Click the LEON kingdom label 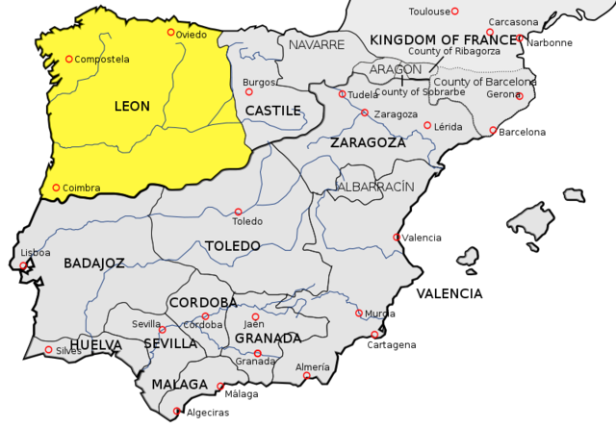pos(132,106)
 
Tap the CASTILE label pos(272,111)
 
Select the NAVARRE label pos(316,45)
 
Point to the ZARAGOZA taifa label pos(368,142)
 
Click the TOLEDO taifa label pos(232,246)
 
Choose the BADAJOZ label pos(94,263)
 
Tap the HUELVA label pos(96,343)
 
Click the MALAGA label pos(179,385)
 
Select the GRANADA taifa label pos(268,339)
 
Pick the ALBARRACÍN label pos(375,185)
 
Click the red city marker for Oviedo pos(171,33)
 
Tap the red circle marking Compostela pos(69,60)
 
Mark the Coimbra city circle pos(56,188)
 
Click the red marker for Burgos pos(249,92)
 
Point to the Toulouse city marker pos(455,12)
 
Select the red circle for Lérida pos(427,125)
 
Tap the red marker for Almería pos(307,376)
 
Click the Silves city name pos(68,351)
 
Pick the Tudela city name pos(362,94)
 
